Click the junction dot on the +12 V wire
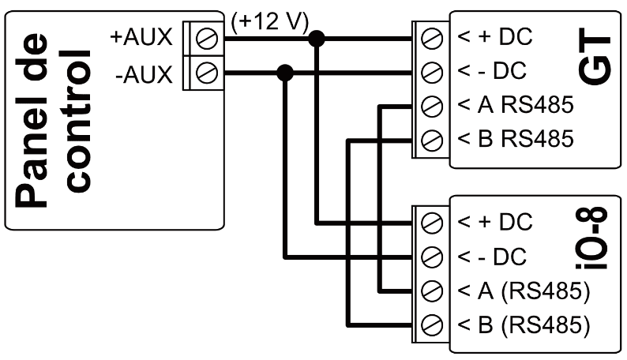[317, 37]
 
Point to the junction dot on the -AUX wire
[285, 73]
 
